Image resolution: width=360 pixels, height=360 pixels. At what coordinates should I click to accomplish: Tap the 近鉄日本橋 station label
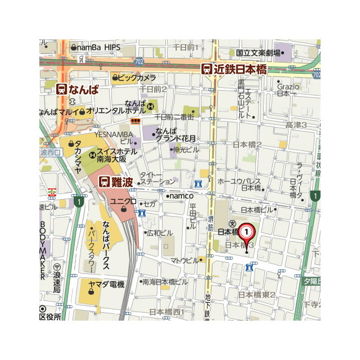point(241,69)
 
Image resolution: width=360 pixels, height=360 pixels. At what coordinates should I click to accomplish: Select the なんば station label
point(85,89)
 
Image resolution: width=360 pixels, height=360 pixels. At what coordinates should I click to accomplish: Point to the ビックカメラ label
point(137,78)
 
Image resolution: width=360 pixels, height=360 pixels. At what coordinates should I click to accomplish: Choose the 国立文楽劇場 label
point(258,52)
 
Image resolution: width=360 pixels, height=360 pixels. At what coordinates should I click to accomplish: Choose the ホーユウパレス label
point(238,181)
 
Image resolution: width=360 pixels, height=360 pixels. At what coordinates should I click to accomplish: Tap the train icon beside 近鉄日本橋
point(207,69)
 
